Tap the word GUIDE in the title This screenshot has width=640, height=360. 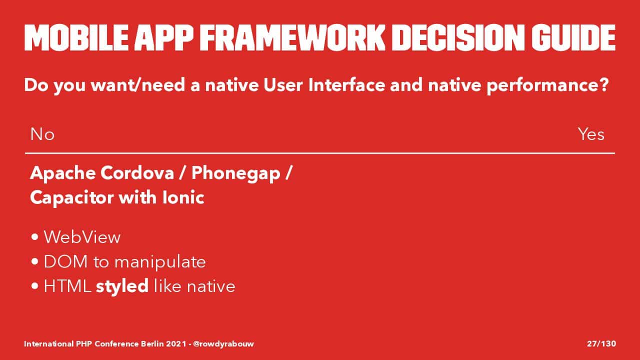click(573, 37)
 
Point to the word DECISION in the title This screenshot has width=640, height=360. click(458, 37)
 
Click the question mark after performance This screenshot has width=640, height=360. click(604, 84)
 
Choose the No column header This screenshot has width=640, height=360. click(42, 134)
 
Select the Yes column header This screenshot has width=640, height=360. click(591, 134)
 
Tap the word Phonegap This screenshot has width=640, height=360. click(235, 173)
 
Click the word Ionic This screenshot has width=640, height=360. click(183, 197)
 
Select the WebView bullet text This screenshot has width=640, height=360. click(82, 237)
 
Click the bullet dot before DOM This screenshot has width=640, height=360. click(35, 261)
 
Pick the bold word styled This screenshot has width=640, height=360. click(122, 286)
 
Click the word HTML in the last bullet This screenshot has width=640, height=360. click(67, 286)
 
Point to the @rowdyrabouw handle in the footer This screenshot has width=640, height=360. click(223, 343)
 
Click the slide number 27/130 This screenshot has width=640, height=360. click(601, 343)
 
